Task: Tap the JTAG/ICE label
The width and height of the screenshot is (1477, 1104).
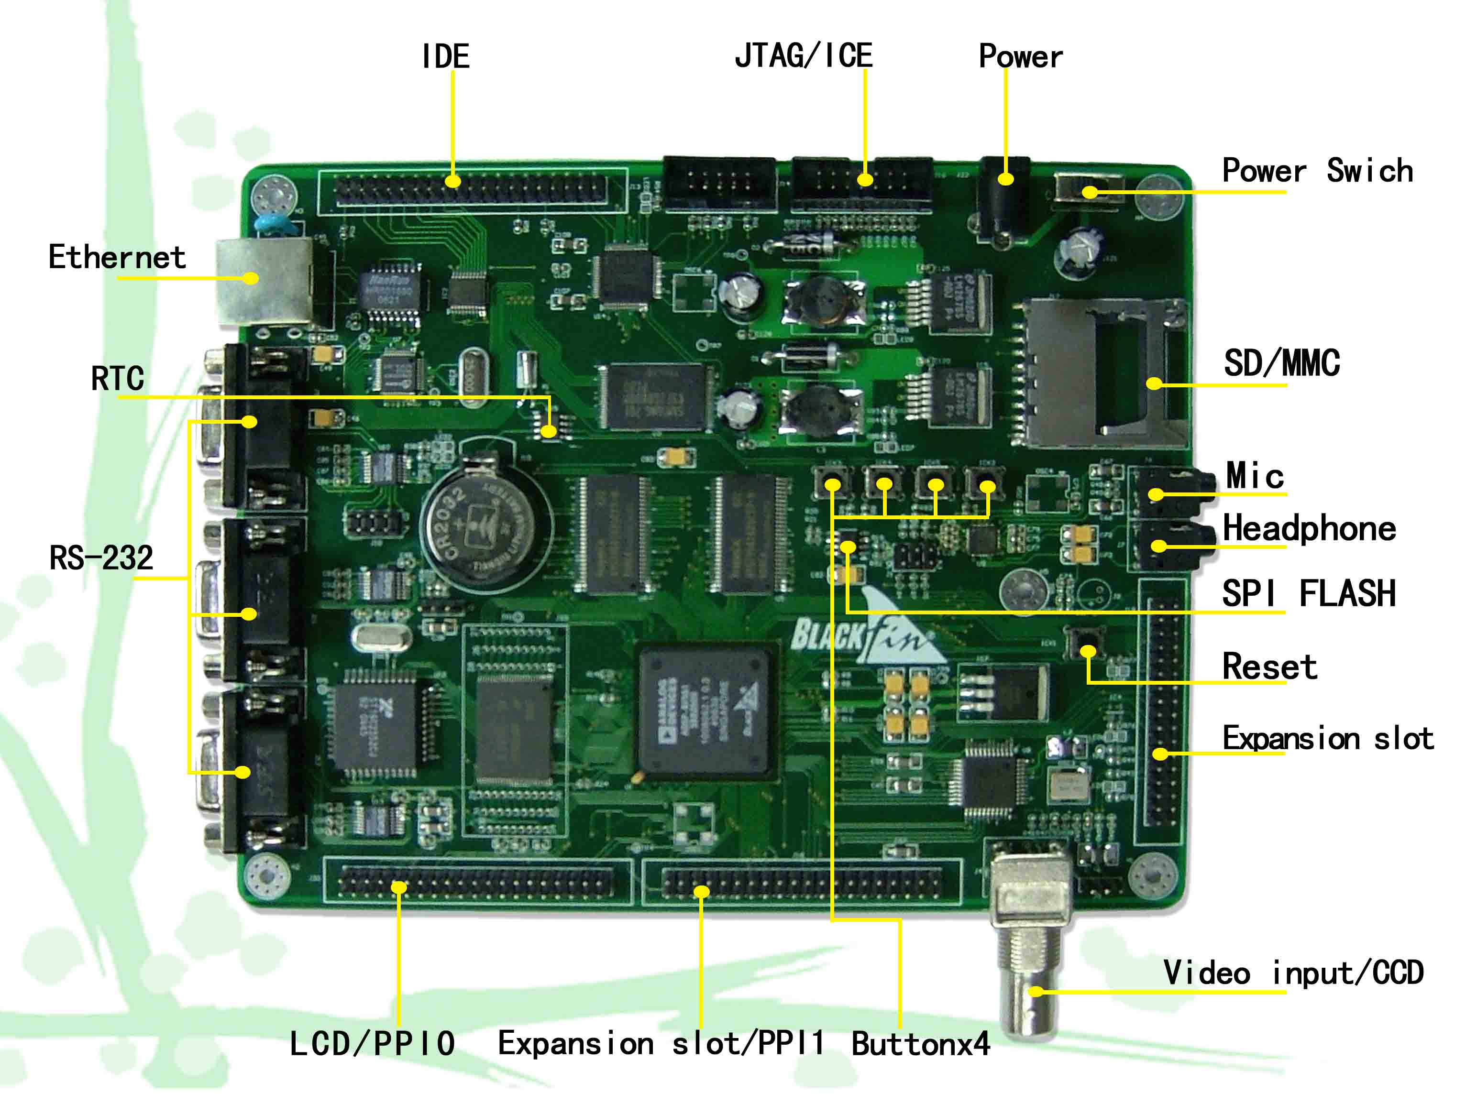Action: coord(803,55)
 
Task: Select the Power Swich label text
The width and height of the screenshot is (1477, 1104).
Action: coord(1317,171)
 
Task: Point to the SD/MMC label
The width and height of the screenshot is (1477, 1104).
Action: coord(1281,364)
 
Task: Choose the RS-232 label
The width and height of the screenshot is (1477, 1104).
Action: coord(101,558)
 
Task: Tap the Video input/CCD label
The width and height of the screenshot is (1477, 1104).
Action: coord(1293,973)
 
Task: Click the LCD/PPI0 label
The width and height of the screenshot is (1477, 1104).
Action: coord(372,1044)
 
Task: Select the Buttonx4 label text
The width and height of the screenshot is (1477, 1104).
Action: coord(920,1044)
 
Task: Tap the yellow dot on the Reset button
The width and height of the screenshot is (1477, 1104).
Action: coord(1088,651)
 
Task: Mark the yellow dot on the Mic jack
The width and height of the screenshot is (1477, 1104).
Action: coord(1156,494)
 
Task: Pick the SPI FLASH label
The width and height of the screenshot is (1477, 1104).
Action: coord(1308,593)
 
